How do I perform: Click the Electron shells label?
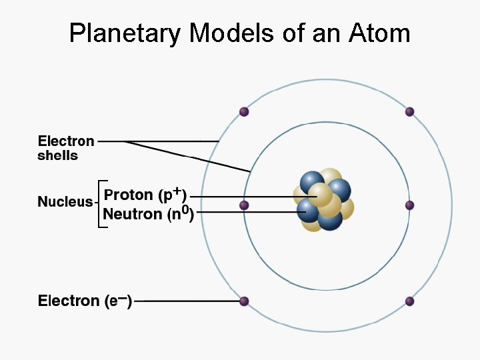[66, 148]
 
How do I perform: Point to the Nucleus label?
[65, 201]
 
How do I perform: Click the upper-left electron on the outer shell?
[244, 112]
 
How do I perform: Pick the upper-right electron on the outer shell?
[409, 112]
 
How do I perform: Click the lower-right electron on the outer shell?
[409, 301]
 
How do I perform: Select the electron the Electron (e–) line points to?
[244, 301]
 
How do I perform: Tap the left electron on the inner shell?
[244, 205]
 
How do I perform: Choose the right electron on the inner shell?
[409, 205]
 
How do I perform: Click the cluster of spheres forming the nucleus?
[324, 200]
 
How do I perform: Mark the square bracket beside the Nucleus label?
[101, 204]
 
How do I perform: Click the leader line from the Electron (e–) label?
[187, 301]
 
